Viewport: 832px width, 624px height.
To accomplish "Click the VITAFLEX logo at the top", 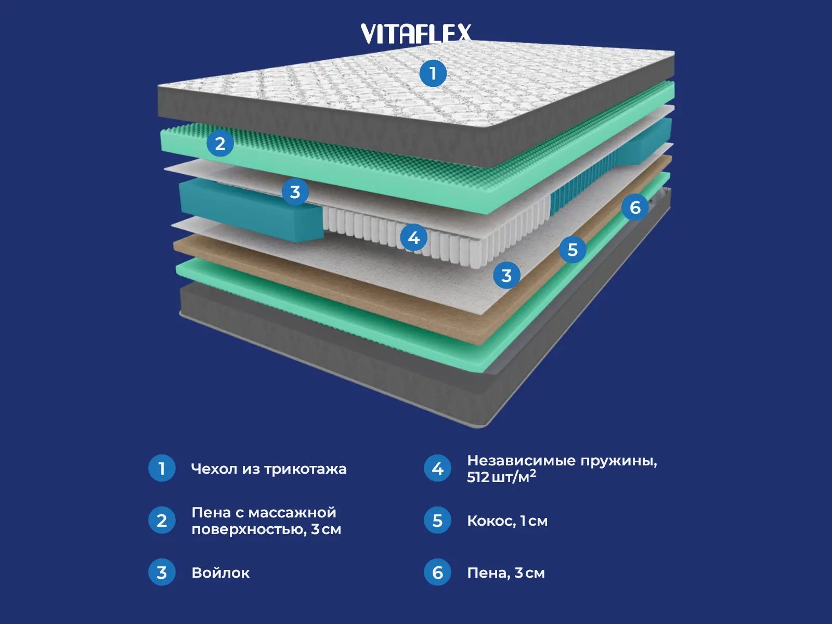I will pyautogui.click(x=416, y=33).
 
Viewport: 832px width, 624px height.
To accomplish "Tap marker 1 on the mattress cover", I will pyautogui.click(x=433, y=73).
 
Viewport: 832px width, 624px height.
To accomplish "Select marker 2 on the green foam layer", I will pyautogui.click(x=220, y=143).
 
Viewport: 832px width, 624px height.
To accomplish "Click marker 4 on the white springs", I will pyautogui.click(x=414, y=238).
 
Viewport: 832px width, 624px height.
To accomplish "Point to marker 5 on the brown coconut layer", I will pyautogui.click(x=573, y=250).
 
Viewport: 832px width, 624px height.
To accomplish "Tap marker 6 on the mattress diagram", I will pyautogui.click(x=635, y=207).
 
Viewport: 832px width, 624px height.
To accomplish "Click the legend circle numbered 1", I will pyautogui.click(x=162, y=468).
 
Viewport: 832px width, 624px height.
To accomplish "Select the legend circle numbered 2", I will pyautogui.click(x=162, y=520).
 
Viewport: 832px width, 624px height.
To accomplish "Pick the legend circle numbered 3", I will pyautogui.click(x=162, y=572).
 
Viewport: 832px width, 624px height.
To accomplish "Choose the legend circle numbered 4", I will pyautogui.click(x=437, y=468).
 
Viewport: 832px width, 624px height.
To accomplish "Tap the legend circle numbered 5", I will pyautogui.click(x=437, y=520).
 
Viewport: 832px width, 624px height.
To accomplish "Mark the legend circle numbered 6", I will pyautogui.click(x=437, y=572).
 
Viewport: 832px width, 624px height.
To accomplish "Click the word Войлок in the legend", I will pyautogui.click(x=220, y=573).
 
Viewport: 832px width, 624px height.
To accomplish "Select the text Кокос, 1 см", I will pyautogui.click(x=507, y=521).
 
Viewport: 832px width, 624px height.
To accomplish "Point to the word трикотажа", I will pyautogui.click(x=305, y=469).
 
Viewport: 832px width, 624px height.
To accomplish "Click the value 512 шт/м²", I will pyautogui.click(x=501, y=477).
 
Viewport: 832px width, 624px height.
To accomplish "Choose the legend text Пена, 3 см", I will pyautogui.click(x=505, y=573).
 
